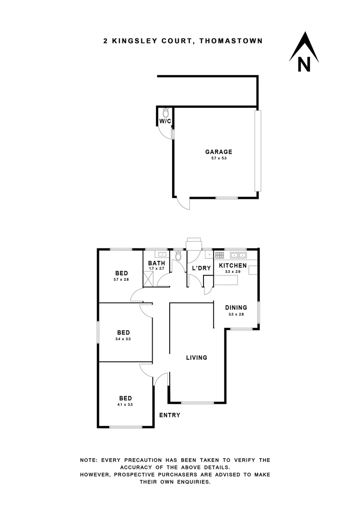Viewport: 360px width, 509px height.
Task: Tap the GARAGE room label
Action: (x=219, y=152)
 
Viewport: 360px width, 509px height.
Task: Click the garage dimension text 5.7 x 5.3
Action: (x=219, y=159)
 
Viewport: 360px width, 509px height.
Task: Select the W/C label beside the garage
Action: (x=165, y=121)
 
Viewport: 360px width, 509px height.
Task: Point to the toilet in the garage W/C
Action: (x=166, y=113)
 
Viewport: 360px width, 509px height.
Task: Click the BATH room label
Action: (x=156, y=263)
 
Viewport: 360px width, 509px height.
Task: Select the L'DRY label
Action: (x=201, y=268)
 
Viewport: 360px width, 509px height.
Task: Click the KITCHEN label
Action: (x=233, y=266)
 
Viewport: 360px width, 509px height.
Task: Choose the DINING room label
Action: (x=236, y=308)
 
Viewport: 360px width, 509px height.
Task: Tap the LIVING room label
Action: (x=196, y=358)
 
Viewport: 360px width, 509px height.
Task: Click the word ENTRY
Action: (x=169, y=415)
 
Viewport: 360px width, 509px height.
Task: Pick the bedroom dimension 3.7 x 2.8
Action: (x=122, y=280)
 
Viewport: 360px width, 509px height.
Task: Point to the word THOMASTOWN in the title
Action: (x=231, y=41)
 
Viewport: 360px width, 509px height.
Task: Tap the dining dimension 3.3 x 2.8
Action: (x=236, y=314)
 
